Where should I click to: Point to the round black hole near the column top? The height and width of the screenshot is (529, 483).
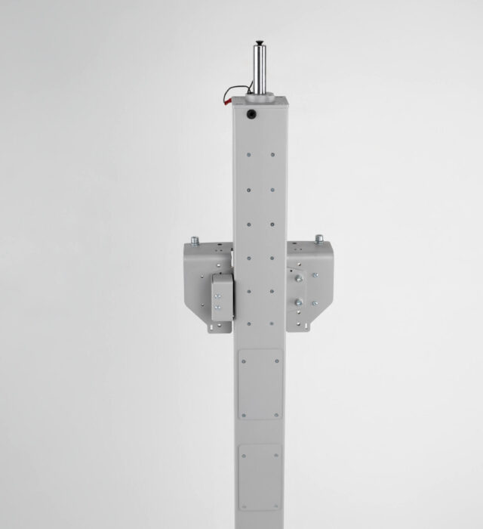click(250, 114)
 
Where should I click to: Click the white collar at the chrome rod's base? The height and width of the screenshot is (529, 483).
click(261, 94)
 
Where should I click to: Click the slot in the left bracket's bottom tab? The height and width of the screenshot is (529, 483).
click(220, 326)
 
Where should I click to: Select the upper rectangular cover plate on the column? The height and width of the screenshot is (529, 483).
click(260, 384)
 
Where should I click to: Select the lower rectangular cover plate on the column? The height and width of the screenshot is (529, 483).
click(260, 476)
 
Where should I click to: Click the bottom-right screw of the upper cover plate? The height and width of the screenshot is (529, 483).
click(279, 415)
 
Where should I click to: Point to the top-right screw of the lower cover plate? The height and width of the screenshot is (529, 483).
click(279, 447)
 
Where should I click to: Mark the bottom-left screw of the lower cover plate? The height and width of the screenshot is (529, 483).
click(242, 506)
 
